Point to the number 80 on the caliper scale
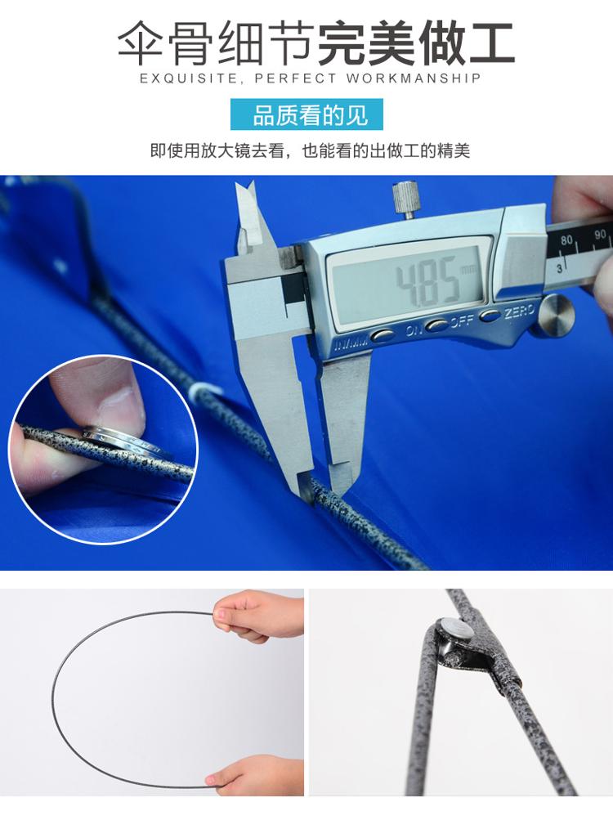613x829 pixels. point(566,240)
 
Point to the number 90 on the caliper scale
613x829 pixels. point(600,234)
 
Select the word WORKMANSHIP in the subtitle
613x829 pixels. point(414,78)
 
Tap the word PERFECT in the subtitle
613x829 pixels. point(295,78)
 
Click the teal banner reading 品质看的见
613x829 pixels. point(306,114)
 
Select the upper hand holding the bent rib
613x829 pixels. point(259,616)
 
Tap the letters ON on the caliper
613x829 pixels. point(415,330)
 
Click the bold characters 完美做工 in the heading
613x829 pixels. point(416,43)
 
